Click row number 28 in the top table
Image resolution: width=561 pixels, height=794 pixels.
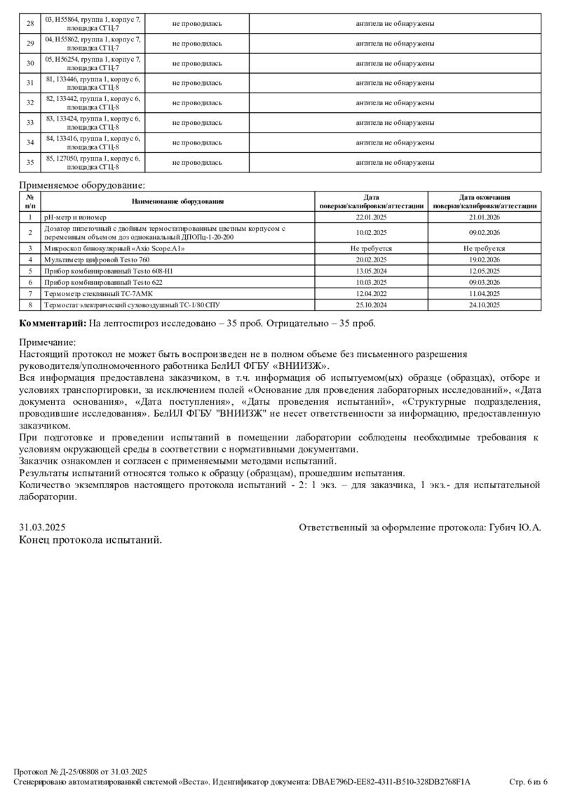[30, 24]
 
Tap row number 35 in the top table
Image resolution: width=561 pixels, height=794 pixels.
[30, 163]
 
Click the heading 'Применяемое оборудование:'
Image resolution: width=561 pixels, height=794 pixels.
[83, 186]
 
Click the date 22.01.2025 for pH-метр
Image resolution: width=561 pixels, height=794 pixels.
[371, 217]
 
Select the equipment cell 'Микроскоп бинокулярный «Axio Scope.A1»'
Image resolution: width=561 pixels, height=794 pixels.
[114, 248]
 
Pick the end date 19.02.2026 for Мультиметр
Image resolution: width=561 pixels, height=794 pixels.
[485, 260]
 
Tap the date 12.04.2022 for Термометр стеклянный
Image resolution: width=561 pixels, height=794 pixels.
[371, 293]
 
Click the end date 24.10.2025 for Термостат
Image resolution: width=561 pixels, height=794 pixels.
[485, 305]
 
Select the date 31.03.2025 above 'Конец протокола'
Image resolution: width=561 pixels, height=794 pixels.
[43, 527]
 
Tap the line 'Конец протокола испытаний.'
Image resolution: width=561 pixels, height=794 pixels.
[90, 539]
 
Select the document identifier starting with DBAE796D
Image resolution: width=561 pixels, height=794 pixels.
[391, 781]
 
